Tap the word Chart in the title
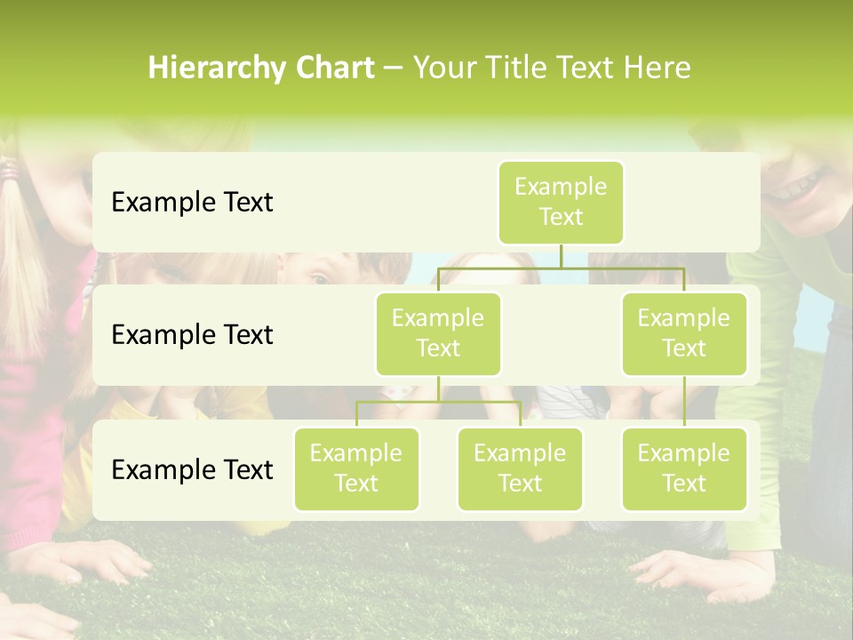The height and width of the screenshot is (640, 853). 331,68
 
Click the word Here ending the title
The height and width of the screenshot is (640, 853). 658,68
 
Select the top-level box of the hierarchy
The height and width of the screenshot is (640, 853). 561,203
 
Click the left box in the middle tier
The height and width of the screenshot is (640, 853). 438,333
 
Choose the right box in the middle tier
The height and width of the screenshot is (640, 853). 684,333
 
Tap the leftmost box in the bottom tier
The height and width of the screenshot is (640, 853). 356,468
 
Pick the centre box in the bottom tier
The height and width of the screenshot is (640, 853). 520,468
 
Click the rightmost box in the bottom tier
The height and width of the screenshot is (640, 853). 684,468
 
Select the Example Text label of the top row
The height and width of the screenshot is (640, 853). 192,203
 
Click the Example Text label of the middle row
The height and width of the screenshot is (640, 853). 192,335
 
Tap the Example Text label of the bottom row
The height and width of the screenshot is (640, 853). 192,469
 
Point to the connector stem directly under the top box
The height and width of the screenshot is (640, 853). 561,256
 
